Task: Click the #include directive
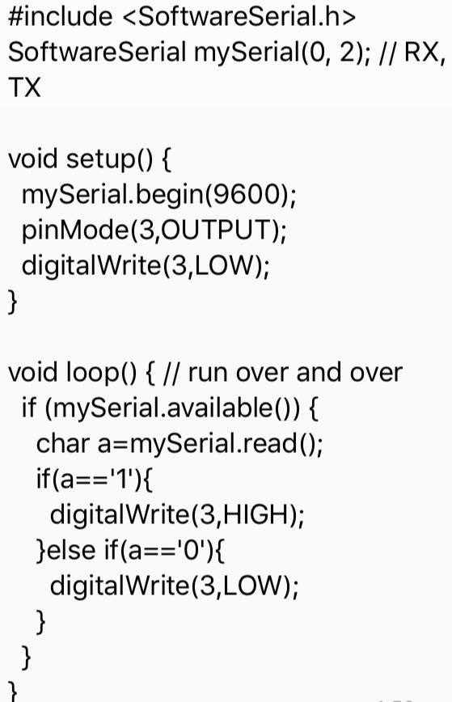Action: tap(61, 16)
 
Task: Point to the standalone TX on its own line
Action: tap(24, 87)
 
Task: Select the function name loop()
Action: tap(101, 373)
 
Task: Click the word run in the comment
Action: tap(207, 374)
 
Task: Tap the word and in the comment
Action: tap(318, 373)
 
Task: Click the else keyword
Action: tap(70, 550)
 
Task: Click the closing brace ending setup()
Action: tap(12, 302)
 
